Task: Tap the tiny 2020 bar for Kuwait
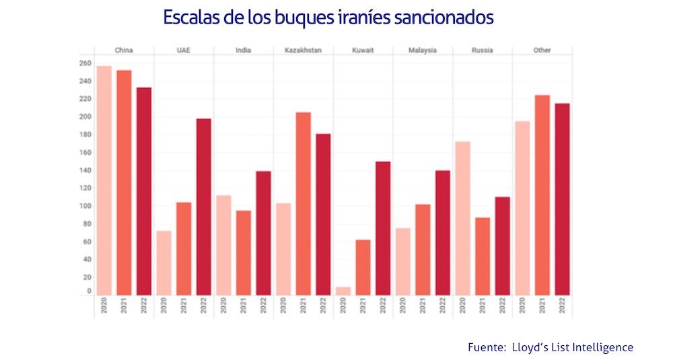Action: click(343, 291)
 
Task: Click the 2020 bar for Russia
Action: click(463, 218)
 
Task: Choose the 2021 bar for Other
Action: click(542, 194)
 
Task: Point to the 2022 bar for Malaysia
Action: click(442, 232)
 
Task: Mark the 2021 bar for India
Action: click(244, 252)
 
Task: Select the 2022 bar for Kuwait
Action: click(383, 228)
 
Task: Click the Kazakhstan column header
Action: click(303, 50)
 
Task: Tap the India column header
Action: click(244, 50)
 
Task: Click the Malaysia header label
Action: click(423, 50)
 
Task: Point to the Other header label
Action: click(542, 50)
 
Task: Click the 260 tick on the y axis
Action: click(84, 63)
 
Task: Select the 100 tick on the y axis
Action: click(84, 206)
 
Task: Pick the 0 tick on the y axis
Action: click(88, 291)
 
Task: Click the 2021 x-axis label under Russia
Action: click(483, 307)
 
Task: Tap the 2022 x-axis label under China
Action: click(144, 307)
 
